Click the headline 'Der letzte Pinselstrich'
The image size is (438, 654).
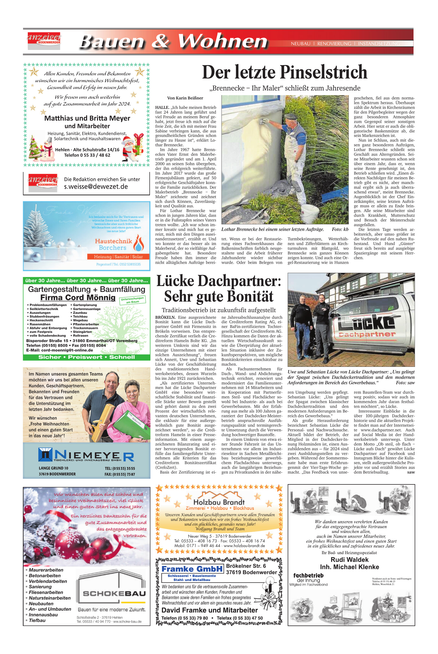pos(284,72)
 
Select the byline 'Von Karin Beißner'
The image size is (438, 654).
pos(185,98)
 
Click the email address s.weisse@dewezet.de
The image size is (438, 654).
pos(96,187)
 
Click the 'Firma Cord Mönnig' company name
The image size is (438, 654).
pos(78,298)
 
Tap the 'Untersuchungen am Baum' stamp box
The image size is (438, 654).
pos(133,300)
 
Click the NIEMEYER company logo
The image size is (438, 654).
pos(86,455)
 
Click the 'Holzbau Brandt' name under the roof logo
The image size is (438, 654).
pos(219,502)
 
